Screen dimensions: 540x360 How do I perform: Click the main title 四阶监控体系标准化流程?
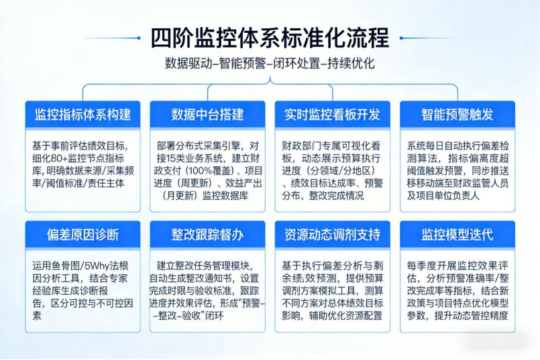(270, 38)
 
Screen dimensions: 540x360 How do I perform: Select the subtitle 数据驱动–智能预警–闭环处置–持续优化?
(270, 63)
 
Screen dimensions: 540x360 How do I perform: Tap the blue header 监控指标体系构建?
(83, 114)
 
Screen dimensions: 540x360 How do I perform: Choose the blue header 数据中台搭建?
(208, 114)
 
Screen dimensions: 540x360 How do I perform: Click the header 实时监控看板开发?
(332, 114)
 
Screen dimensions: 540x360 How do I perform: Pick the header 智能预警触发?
(457, 114)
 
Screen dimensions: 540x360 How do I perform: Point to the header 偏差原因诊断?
(83, 235)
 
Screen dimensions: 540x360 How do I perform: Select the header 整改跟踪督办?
(208, 235)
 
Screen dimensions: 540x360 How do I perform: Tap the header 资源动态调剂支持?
(332, 235)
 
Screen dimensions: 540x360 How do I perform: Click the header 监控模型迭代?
(457, 235)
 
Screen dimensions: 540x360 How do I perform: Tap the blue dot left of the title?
(139, 38)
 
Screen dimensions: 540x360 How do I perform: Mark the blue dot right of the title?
(401, 38)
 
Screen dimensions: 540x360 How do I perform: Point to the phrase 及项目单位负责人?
(443, 196)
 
